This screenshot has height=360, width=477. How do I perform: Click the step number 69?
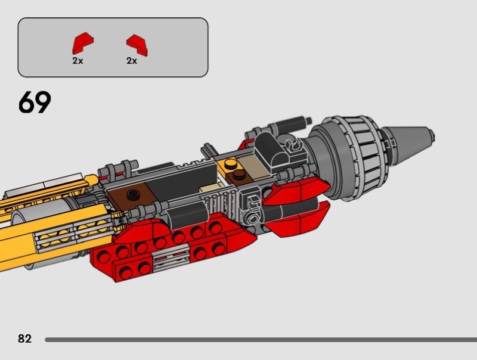[35, 102]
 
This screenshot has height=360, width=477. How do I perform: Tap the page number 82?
[24, 339]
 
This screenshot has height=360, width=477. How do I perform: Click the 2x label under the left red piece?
[78, 61]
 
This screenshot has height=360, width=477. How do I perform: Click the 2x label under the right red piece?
[132, 61]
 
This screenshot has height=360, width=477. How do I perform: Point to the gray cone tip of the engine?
[408, 142]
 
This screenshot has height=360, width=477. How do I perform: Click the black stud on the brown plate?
[133, 194]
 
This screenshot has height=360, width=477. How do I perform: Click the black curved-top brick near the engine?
[270, 150]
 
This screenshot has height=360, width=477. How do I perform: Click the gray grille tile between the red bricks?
[171, 258]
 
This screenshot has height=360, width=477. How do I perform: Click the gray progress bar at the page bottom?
[261, 340]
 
